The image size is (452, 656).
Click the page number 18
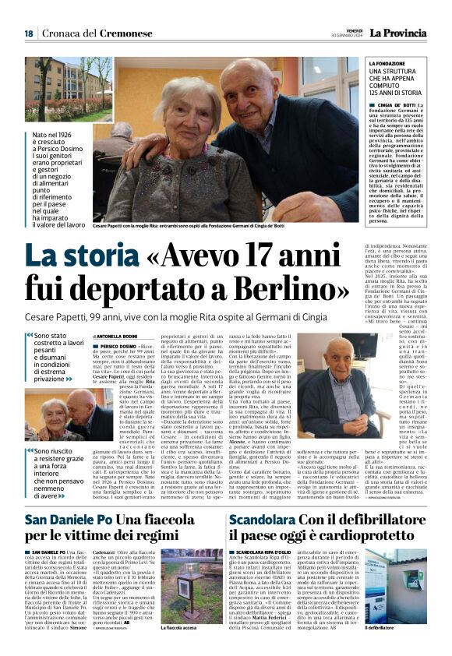click(x=28, y=34)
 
